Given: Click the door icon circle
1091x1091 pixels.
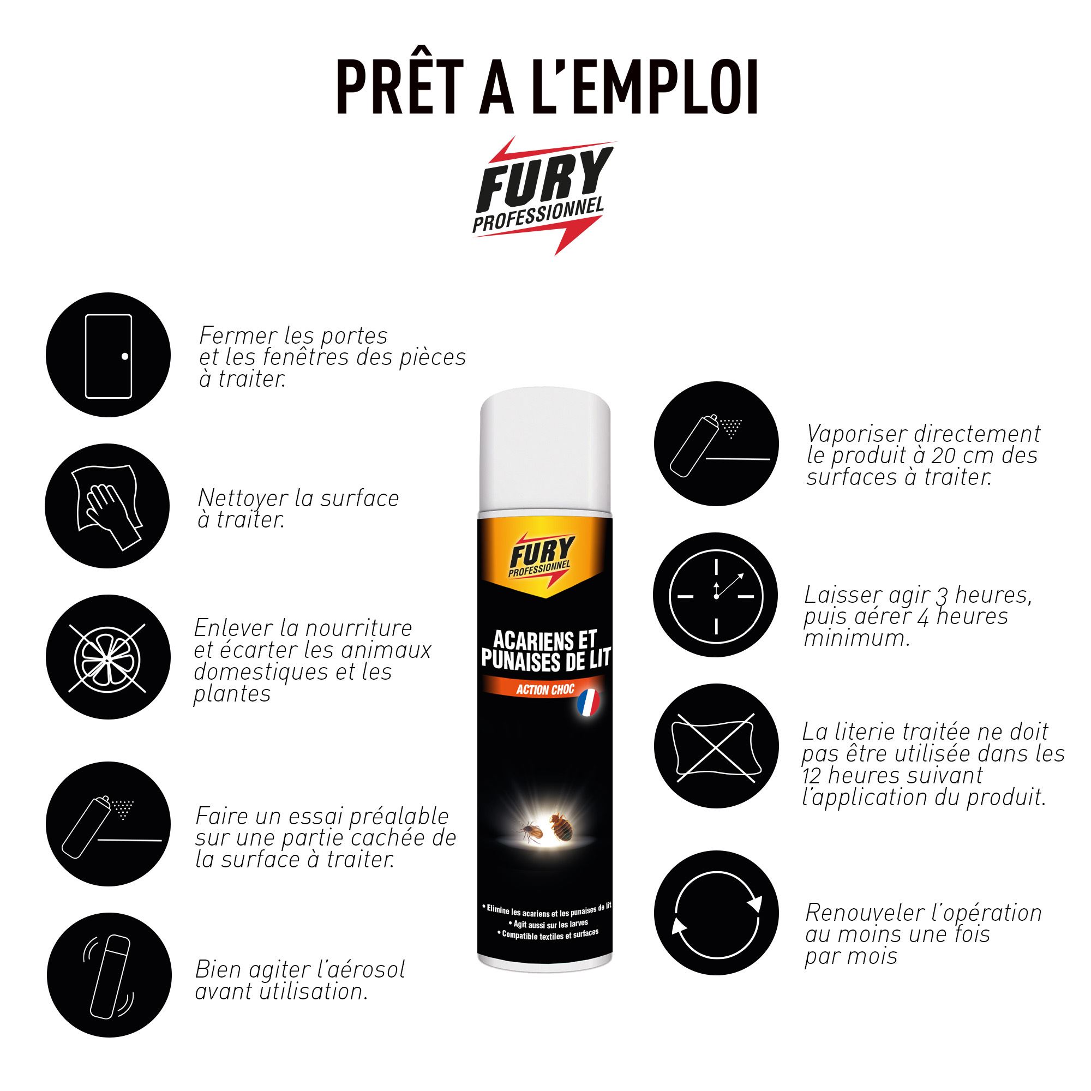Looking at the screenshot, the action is click(108, 355).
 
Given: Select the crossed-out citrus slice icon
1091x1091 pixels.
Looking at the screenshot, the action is click(108, 657).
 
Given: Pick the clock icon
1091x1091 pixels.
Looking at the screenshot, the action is click(716, 595).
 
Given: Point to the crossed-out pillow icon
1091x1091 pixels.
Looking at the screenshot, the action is click(716, 746).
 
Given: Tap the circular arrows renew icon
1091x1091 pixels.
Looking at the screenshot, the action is click(716, 913).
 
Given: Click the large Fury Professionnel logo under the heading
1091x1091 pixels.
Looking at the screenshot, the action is click(543, 195).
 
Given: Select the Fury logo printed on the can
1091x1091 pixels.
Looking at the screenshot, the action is click(541, 556).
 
